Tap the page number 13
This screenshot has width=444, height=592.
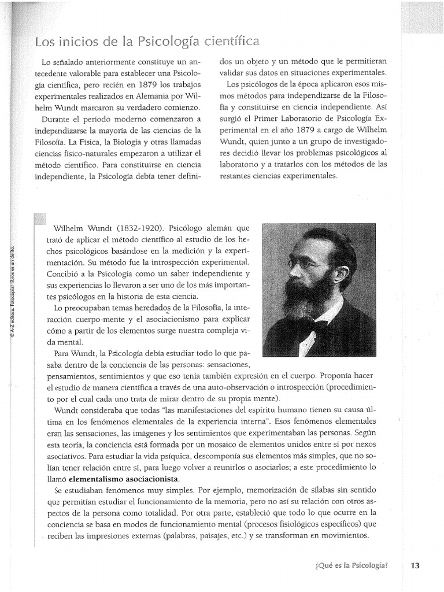tap(415, 566)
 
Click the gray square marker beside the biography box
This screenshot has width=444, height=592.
tap(39, 220)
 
